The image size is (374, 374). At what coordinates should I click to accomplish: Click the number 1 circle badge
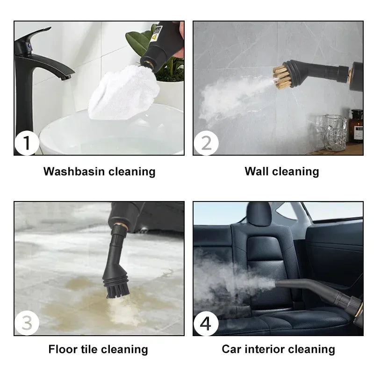coord(27,143)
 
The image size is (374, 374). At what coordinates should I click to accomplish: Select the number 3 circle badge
coord(27,324)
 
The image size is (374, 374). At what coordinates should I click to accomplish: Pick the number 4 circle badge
coord(206,324)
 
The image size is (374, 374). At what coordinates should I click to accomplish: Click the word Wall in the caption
coord(256,172)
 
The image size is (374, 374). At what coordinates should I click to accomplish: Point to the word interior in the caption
coord(264,349)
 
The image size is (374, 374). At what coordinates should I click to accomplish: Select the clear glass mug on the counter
coord(335,132)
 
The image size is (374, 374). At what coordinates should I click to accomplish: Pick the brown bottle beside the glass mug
coord(357,126)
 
